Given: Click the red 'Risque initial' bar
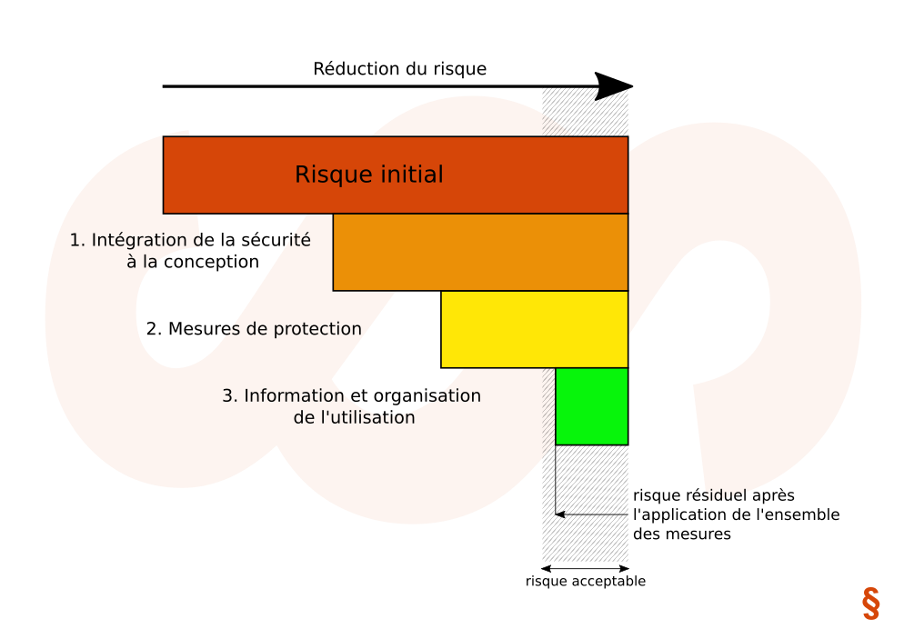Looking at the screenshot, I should pos(227,175).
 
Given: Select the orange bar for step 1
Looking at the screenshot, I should pos(480,252).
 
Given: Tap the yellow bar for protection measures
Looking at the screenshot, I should pos(534,329).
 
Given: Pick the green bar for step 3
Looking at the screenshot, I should pos(591,405).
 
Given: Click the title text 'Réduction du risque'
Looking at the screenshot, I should pos(399,69).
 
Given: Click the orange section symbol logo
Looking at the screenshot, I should pos(870,604).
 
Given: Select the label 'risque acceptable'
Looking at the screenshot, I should pos(585,582).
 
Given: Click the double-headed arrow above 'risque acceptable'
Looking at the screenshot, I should pos(585,569).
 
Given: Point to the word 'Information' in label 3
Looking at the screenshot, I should pos(292,396).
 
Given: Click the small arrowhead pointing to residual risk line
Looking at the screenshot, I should pos(560,514).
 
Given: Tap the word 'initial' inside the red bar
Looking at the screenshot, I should pos(407,175).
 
